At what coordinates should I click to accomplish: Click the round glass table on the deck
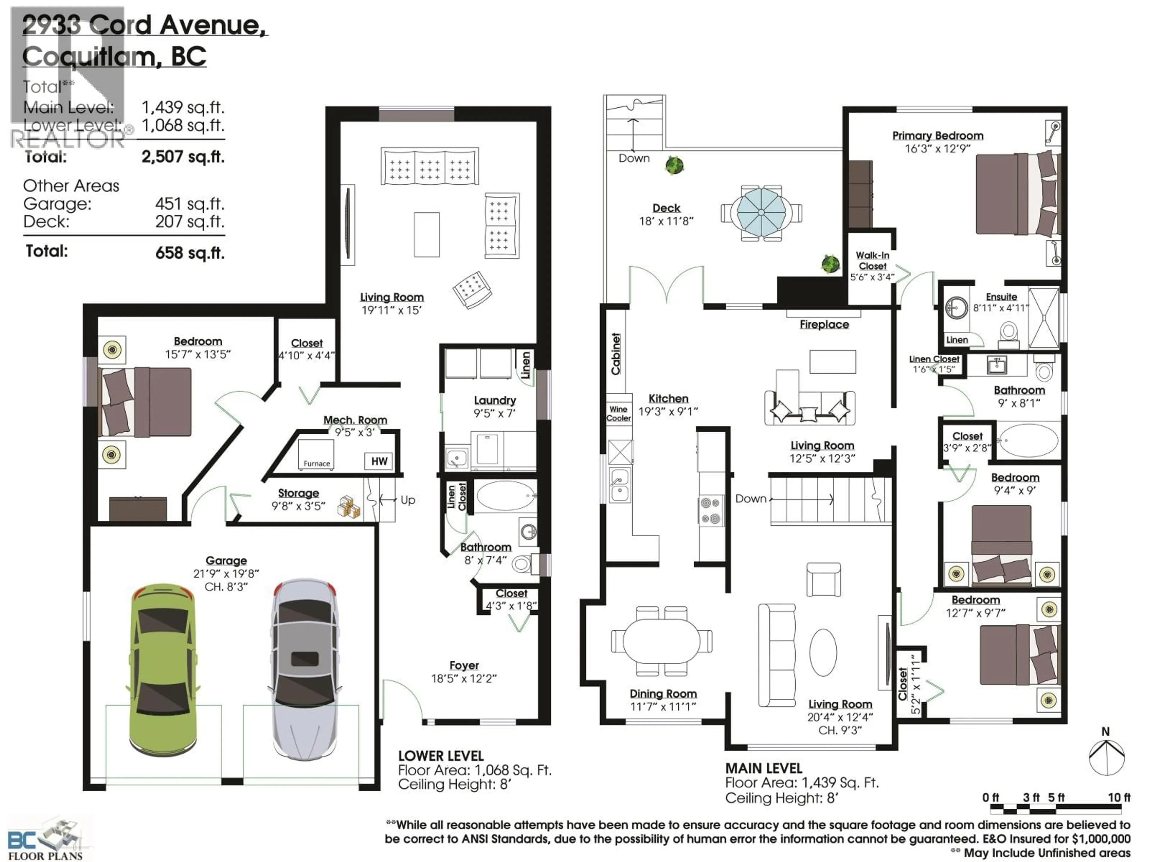coord(761,212)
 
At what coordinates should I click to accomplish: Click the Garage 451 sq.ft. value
coord(190,204)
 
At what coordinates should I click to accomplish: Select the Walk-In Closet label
coord(872,261)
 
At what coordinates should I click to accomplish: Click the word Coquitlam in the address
coord(88,57)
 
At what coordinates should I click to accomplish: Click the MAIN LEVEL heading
coord(764,768)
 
